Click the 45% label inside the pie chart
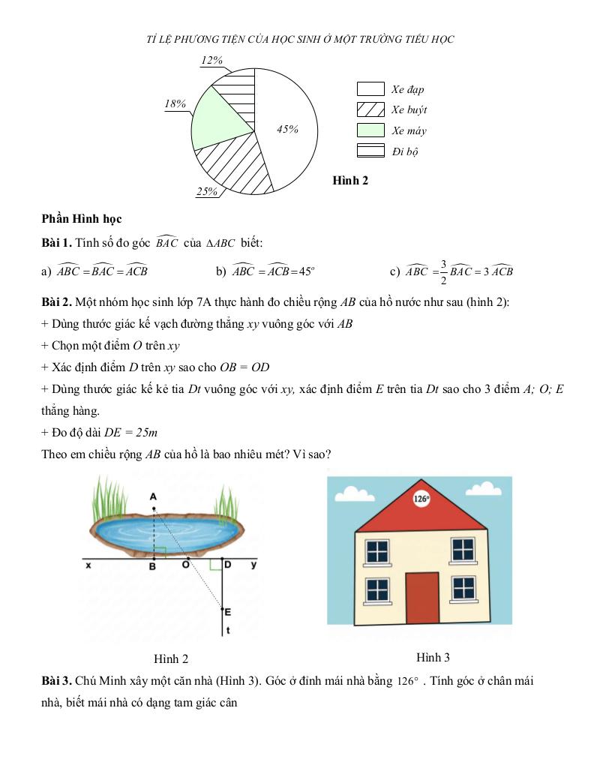287,130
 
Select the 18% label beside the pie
175,104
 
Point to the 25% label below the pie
207,192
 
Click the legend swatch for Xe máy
370,130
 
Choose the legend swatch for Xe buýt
370,109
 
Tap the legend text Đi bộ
405,151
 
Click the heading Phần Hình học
82,219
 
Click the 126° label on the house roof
421,498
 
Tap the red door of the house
422,598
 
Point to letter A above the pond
152,496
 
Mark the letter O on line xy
185,565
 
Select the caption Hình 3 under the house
433,658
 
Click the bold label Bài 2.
56,302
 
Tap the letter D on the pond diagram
227,564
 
